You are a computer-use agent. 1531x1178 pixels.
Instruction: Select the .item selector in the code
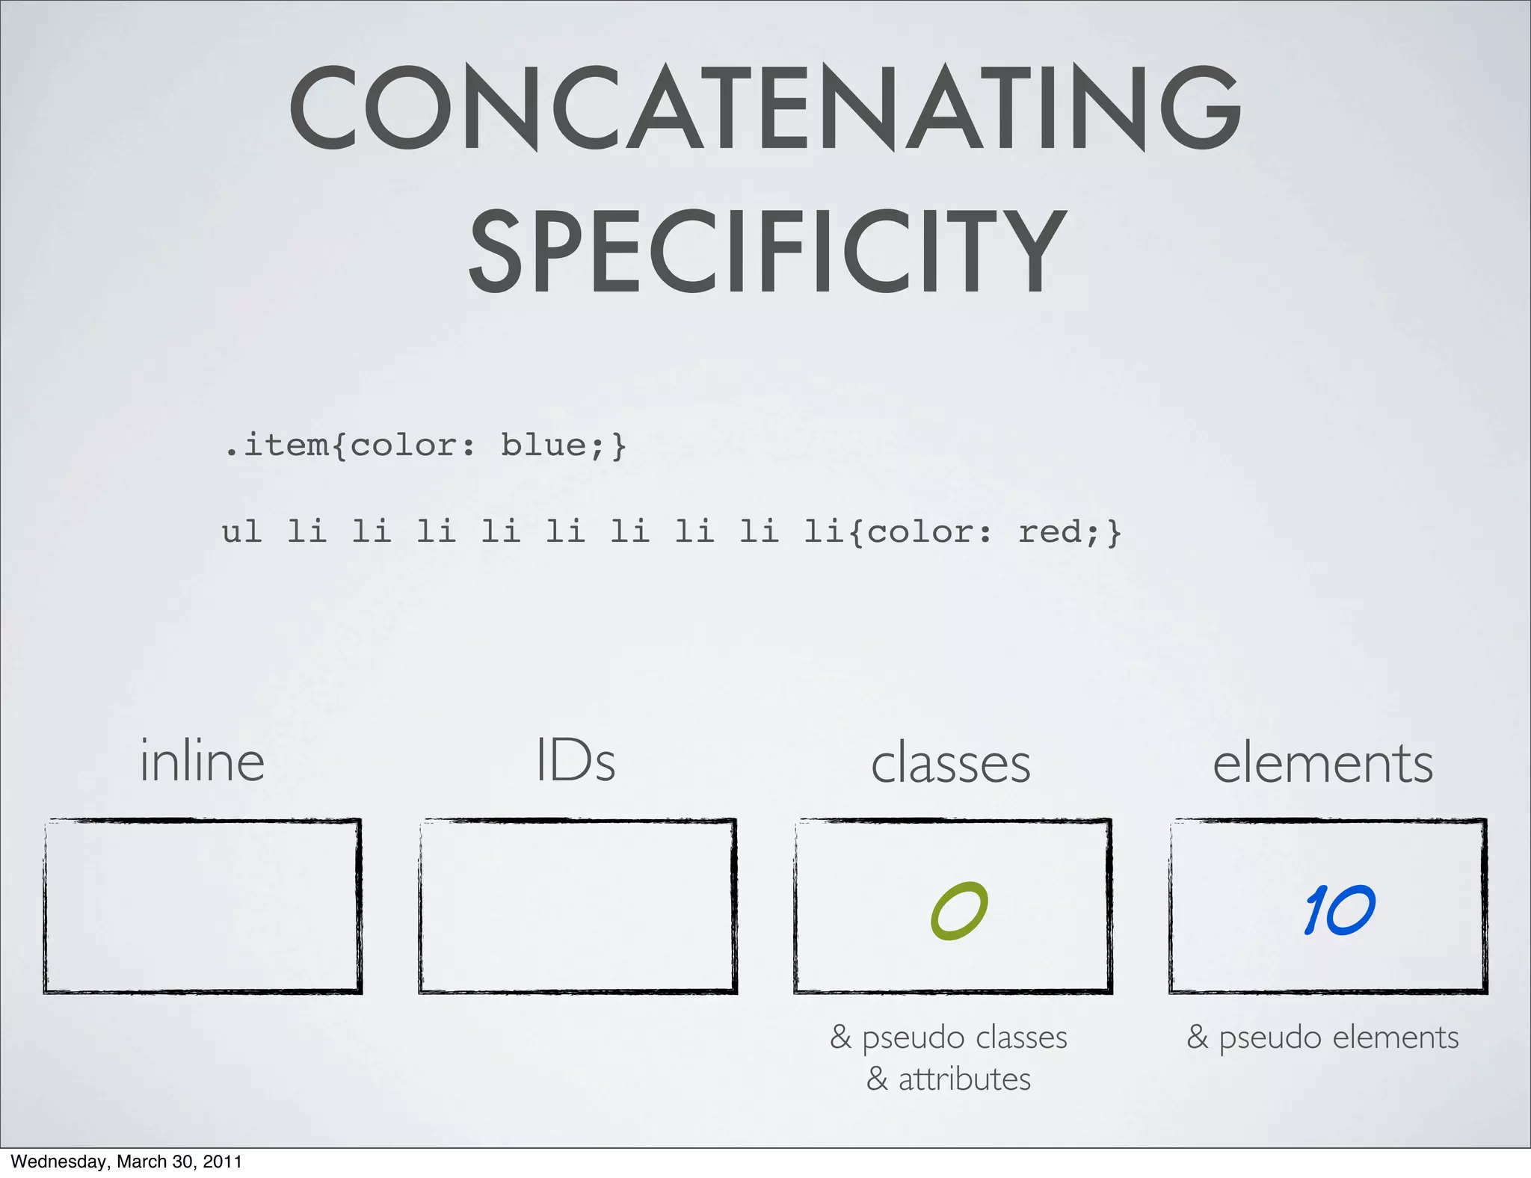[x=277, y=445]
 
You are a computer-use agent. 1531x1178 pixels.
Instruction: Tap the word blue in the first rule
[x=543, y=445]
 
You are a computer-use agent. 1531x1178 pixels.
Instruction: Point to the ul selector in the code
[x=241, y=532]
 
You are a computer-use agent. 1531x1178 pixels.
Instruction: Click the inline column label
[x=203, y=762]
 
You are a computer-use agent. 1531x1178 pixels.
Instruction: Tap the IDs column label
[x=576, y=762]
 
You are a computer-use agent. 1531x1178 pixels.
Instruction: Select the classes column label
[x=951, y=764]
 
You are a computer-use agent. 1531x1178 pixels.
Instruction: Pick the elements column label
[x=1322, y=764]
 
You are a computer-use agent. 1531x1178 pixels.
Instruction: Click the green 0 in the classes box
[x=959, y=910]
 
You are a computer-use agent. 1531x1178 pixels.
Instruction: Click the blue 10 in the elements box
[x=1339, y=910]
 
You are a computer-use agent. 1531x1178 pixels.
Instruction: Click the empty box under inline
[x=203, y=906]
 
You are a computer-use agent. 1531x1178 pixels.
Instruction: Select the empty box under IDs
[x=577, y=906]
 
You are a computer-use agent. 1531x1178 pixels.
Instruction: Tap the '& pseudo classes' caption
[x=949, y=1037]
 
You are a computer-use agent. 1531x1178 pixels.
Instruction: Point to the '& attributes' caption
[x=949, y=1079]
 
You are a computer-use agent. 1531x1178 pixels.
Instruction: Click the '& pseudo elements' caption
[x=1322, y=1037]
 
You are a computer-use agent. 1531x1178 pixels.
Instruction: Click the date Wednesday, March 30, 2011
[x=126, y=1162]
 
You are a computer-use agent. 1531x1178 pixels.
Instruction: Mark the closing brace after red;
[x=1115, y=532]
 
